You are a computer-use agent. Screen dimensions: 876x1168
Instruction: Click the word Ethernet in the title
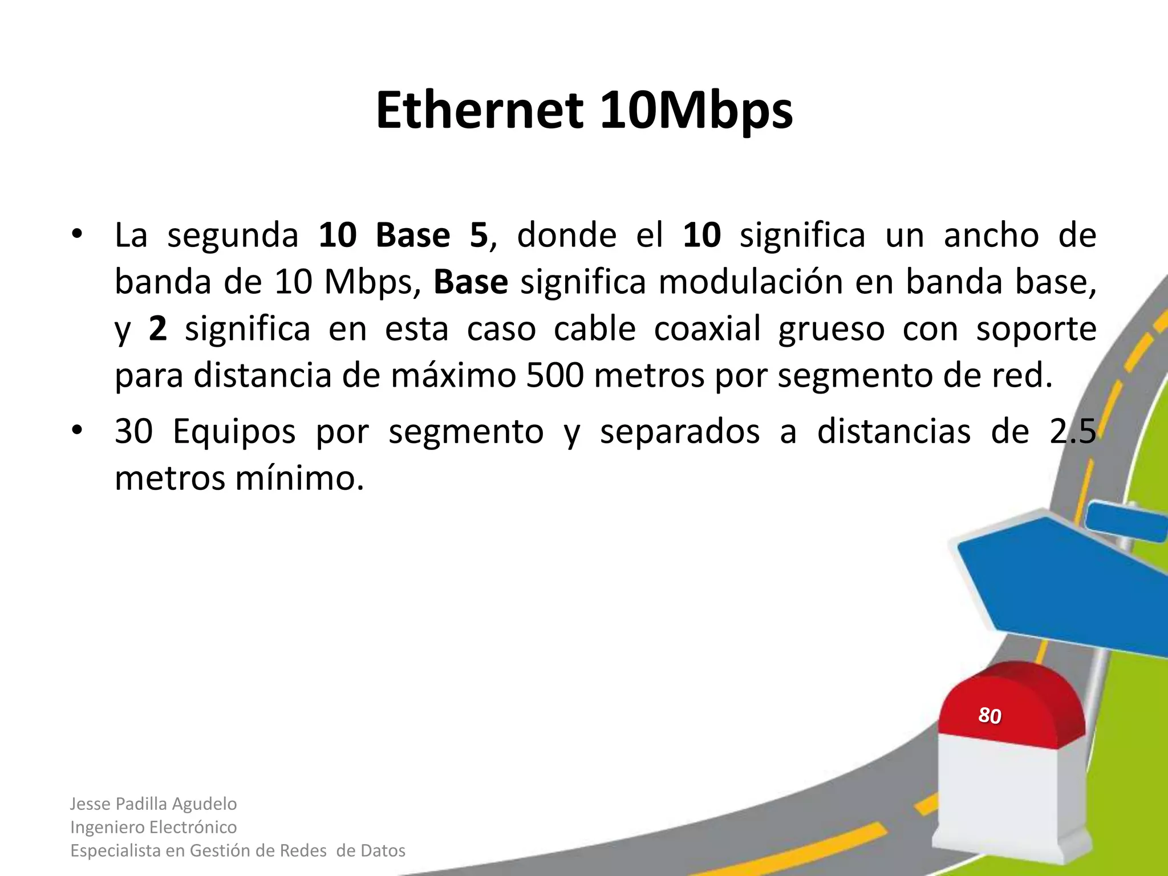pyautogui.click(x=480, y=110)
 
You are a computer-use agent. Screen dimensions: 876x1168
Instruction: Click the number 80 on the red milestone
pyautogui.click(x=989, y=715)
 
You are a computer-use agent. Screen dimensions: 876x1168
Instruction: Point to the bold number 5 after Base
pyautogui.click(x=478, y=235)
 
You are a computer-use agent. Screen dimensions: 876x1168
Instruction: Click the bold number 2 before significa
pyautogui.click(x=158, y=329)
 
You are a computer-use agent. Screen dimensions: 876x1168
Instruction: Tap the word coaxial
pyautogui.click(x=707, y=329)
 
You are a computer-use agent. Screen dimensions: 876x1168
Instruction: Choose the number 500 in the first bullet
pyautogui.click(x=555, y=376)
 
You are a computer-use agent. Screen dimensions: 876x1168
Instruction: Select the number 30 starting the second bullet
pyautogui.click(x=133, y=431)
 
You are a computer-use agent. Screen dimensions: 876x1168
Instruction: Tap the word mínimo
pyautogui.click(x=299, y=478)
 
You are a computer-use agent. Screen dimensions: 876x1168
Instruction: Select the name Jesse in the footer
pyautogui.click(x=90, y=804)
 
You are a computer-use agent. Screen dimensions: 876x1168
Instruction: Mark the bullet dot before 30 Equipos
pyautogui.click(x=78, y=431)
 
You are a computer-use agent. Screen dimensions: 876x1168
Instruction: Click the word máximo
pyautogui.click(x=453, y=376)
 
